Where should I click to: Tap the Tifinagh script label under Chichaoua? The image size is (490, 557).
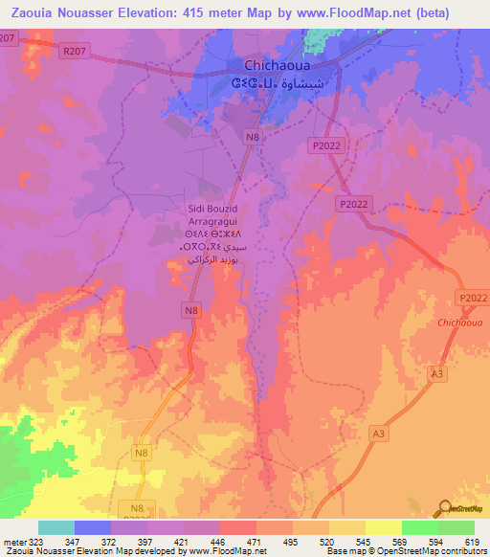[250, 84]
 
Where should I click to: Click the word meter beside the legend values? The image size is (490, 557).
[14, 541]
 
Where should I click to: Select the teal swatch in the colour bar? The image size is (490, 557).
[56, 527]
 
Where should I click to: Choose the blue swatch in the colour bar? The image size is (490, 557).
[92, 527]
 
